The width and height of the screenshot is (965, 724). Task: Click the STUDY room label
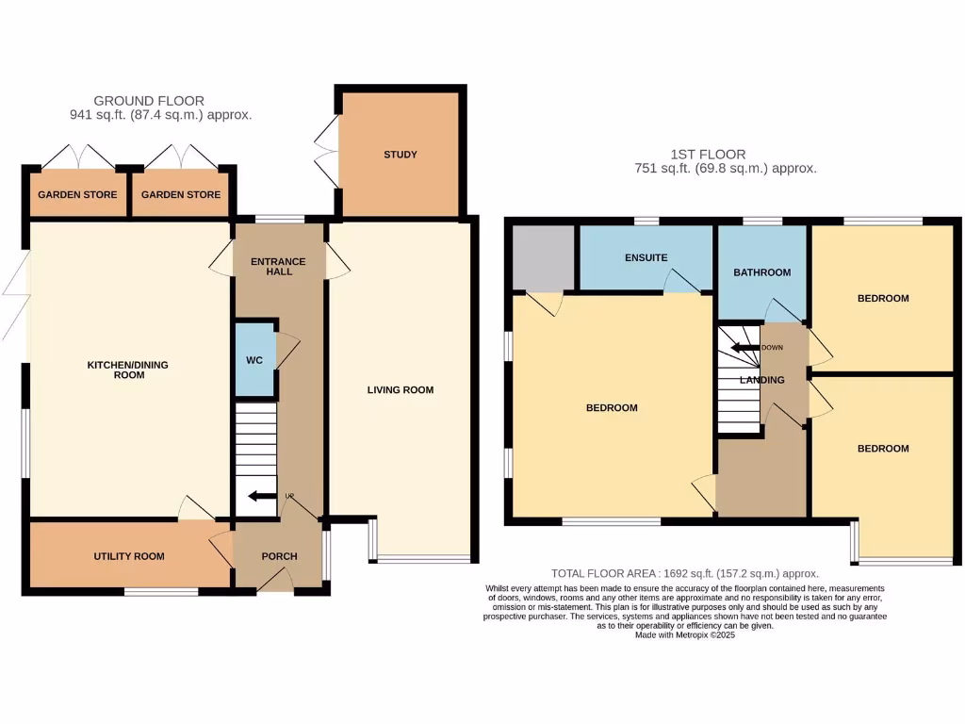pyautogui.click(x=400, y=155)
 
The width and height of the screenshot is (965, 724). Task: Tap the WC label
pyautogui.click(x=254, y=359)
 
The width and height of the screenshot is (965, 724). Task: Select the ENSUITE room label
pyautogui.click(x=646, y=257)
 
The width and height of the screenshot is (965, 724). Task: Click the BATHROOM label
pyautogui.click(x=761, y=272)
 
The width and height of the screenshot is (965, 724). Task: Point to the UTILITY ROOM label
pyautogui.click(x=128, y=556)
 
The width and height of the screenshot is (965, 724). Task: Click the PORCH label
pyautogui.click(x=279, y=556)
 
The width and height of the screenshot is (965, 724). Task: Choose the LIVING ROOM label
pyautogui.click(x=401, y=389)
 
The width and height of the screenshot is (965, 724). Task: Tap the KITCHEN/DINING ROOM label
pyautogui.click(x=129, y=370)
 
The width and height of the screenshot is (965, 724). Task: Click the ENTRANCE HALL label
pyautogui.click(x=279, y=266)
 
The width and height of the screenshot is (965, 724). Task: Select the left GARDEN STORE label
pyautogui.click(x=77, y=195)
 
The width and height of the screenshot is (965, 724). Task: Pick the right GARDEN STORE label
pyautogui.click(x=181, y=195)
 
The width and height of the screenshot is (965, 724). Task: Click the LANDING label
pyautogui.click(x=761, y=380)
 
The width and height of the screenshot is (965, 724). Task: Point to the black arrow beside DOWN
pyautogui.click(x=746, y=347)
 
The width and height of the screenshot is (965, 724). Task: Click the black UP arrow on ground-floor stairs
pyautogui.click(x=257, y=497)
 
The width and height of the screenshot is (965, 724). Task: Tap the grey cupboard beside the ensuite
pyautogui.click(x=543, y=256)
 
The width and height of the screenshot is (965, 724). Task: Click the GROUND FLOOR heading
pyautogui.click(x=149, y=101)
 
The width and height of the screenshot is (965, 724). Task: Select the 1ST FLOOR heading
pyautogui.click(x=709, y=155)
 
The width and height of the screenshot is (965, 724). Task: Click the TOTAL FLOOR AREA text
pyautogui.click(x=684, y=573)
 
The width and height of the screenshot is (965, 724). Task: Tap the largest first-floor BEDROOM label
pyautogui.click(x=612, y=408)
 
